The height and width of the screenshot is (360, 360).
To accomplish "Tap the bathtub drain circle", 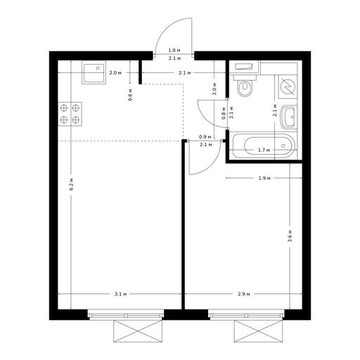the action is [283, 146].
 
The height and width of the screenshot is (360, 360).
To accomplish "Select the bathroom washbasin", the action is [288, 117].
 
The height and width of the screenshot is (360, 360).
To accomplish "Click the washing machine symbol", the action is [288, 86].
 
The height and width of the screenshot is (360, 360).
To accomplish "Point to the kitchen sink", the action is [94, 72].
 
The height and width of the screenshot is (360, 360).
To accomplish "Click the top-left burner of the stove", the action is [64, 108].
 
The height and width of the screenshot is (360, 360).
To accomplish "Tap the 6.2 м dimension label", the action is [72, 184].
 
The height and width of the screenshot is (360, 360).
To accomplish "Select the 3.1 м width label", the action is [121, 294].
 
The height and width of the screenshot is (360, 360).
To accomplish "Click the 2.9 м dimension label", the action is [244, 294].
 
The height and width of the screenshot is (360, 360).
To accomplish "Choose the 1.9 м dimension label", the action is [264, 178].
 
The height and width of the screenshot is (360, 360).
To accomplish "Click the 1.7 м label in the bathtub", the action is [264, 150].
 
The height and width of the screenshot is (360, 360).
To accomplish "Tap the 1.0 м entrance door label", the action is [174, 50].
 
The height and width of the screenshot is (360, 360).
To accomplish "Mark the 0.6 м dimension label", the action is [131, 95].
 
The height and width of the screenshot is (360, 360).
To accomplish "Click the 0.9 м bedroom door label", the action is [205, 136].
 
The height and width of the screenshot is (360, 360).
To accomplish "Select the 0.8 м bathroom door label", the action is [224, 113].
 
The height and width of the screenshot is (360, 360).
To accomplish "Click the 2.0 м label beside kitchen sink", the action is [115, 72].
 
